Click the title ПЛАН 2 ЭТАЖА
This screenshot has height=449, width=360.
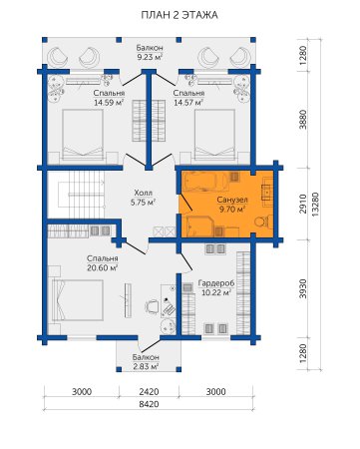pos(180,15)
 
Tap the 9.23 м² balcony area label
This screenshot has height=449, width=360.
pos(150,52)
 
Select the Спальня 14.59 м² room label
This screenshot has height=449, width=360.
pos(109,98)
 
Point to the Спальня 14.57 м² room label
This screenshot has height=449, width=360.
pos(188,98)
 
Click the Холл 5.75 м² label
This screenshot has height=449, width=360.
pos(144,198)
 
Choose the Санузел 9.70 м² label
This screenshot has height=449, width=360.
pos(232,205)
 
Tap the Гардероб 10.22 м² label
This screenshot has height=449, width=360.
pos(216,287)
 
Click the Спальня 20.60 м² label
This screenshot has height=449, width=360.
pos(103,263)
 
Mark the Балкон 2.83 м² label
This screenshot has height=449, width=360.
pos(146,362)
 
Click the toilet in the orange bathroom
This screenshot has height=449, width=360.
pos(263,222)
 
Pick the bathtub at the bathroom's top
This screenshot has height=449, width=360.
pos(205,182)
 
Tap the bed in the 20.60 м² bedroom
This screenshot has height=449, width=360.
pos(78,300)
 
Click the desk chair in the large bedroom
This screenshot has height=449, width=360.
pos(153,306)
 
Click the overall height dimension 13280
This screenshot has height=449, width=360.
pos(315,205)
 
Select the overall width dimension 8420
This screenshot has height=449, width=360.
pos(149,404)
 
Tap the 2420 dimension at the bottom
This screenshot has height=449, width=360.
pos(149,391)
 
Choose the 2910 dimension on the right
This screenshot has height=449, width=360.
pos(302,204)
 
